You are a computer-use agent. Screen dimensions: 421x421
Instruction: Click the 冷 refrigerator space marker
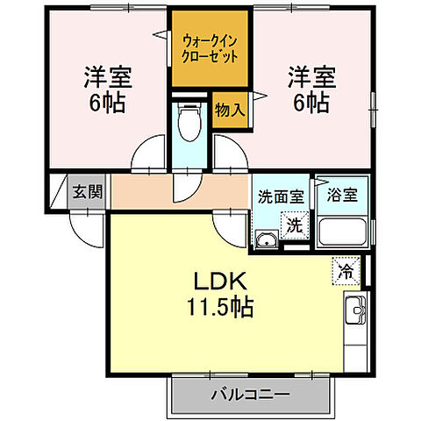point(346,272)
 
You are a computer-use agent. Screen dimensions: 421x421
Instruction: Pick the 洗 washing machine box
point(296,225)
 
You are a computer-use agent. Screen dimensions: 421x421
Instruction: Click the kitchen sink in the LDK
point(355,310)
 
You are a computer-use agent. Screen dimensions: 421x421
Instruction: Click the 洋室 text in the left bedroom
point(107,76)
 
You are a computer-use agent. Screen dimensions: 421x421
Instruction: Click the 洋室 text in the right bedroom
point(307,76)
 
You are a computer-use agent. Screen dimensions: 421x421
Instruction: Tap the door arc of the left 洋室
point(146,154)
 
